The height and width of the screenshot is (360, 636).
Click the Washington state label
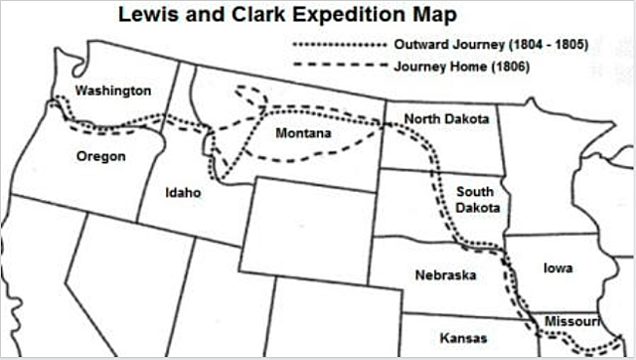(113, 90)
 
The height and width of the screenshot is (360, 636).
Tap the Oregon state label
(100, 156)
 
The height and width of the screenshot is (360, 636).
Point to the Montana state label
(304, 133)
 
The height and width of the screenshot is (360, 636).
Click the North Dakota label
(446, 119)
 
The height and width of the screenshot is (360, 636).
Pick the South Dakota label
(478, 199)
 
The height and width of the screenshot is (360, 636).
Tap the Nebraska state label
(444, 274)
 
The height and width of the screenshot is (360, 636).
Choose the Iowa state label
(557, 268)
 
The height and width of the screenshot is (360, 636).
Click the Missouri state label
(571, 321)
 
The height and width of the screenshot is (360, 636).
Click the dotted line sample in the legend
(339, 45)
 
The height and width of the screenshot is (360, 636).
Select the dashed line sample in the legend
(339, 66)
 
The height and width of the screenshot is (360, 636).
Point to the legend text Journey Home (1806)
(461, 66)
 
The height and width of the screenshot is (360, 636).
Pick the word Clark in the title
(250, 16)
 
